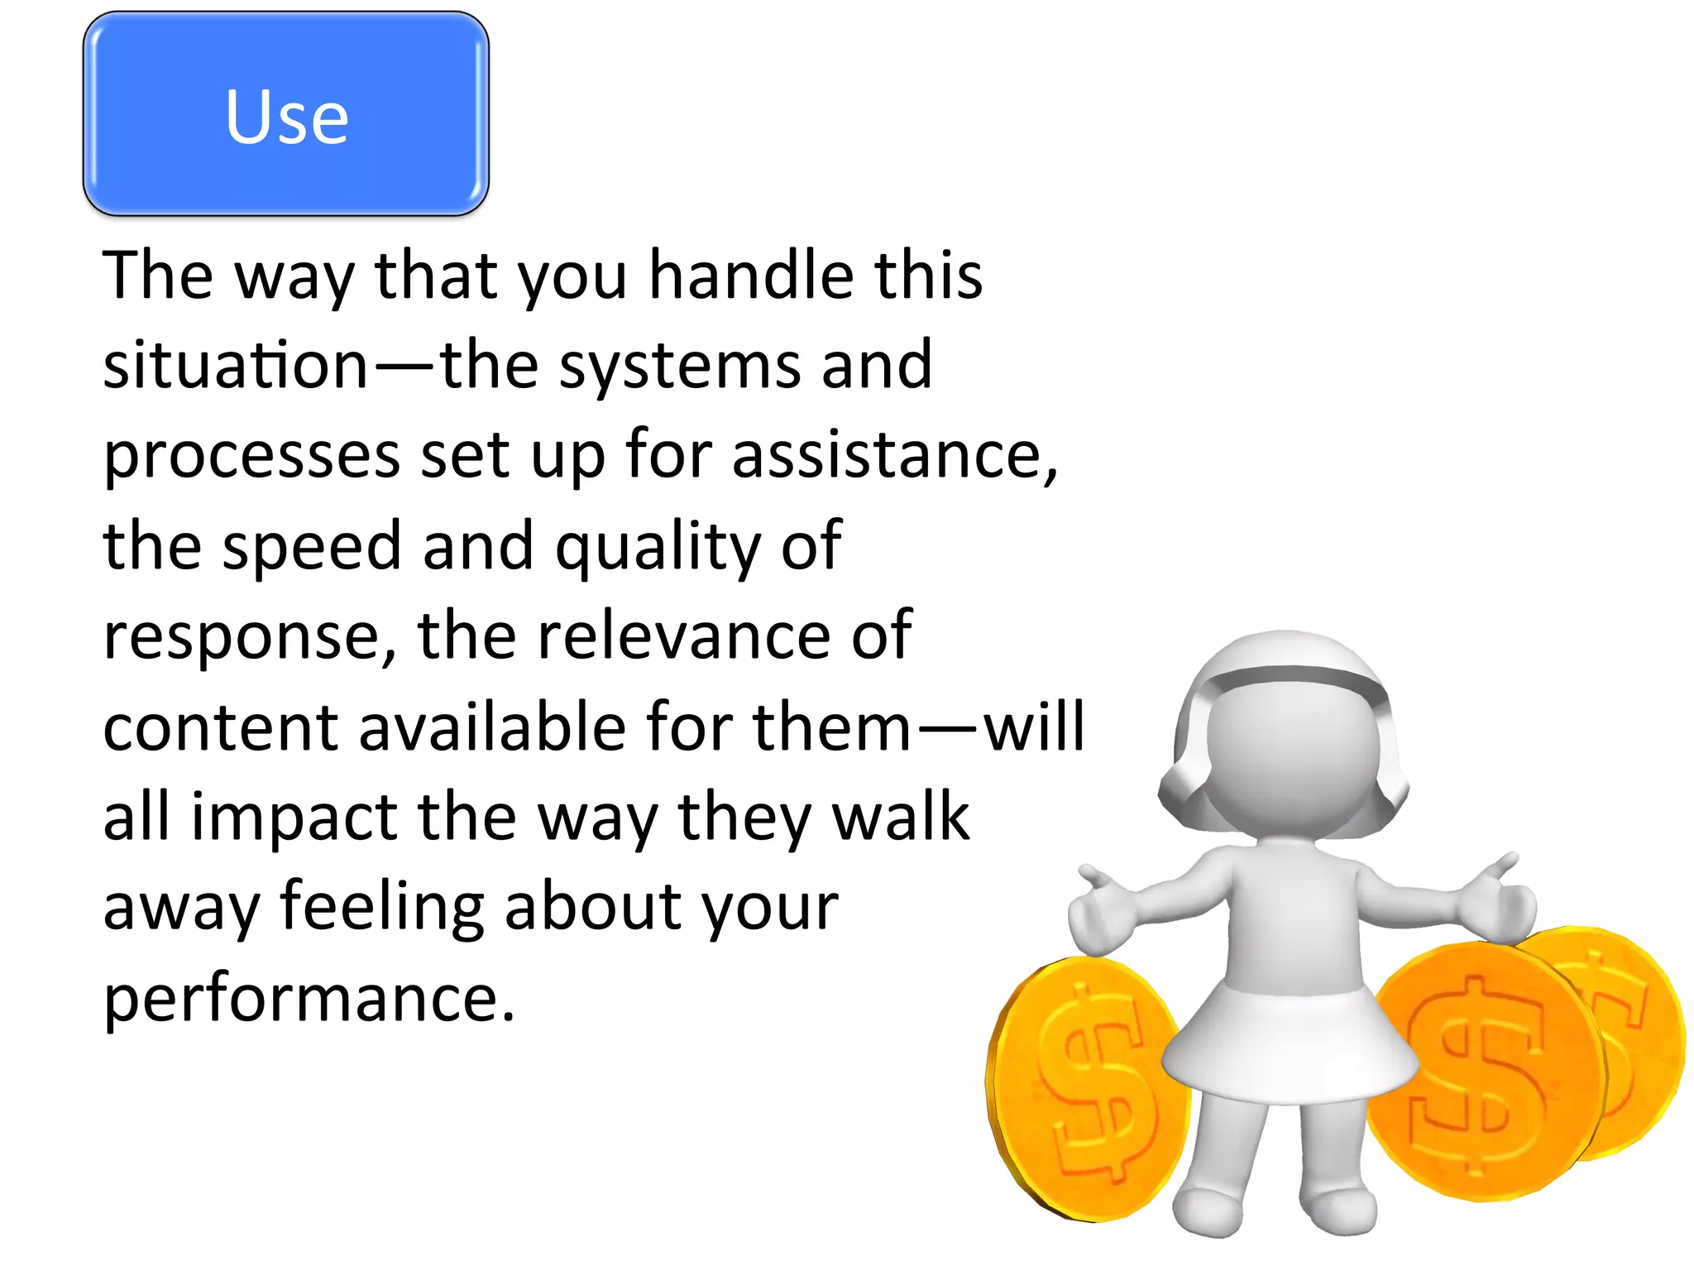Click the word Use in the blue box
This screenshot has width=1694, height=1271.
pyautogui.click(x=286, y=117)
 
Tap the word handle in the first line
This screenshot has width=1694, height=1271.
pyautogui.click(x=750, y=275)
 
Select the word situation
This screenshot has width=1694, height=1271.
pyautogui.click(x=235, y=365)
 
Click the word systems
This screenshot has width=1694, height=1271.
pyautogui.click(x=680, y=365)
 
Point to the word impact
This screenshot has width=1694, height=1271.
pyautogui.click(x=294, y=818)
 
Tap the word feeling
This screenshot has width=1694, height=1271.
pyautogui.click(x=381, y=908)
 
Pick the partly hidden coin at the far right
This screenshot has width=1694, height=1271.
pyautogui.click(x=1642, y=1034)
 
